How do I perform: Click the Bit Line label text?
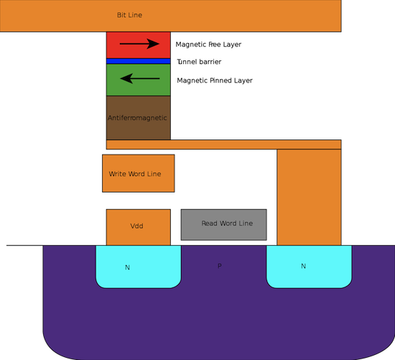pyautogui.click(x=129, y=15)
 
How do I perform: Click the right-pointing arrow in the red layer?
pyautogui.click(x=139, y=44)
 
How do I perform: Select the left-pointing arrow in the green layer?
pyautogui.click(x=140, y=78)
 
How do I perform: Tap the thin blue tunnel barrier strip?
pyautogui.click(x=139, y=61)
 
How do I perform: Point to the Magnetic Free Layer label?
pyautogui.click(x=208, y=45)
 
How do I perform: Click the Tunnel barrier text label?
pyautogui.click(x=199, y=62)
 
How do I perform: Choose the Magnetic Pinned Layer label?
pyautogui.click(x=215, y=80)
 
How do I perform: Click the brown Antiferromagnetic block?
pyautogui.click(x=139, y=118)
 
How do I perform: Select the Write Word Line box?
pyautogui.click(x=139, y=173)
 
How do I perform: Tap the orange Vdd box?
pyautogui.click(x=139, y=227)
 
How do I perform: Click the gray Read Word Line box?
pyautogui.click(x=223, y=225)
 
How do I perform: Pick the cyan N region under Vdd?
pyautogui.click(x=139, y=267)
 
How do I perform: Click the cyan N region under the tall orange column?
pyautogui.click(x=309, y=267)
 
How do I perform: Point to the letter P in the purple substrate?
pyautogui.click(x=220, y=266)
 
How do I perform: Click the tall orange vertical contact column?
pyautogui.click(x=309, y=197)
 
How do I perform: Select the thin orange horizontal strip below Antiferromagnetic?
pyautogui.click(x=223, y=144)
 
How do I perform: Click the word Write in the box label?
pyautogui.click(x=118, y=174)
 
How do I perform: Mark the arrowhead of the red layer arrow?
pyautogui.click(x=153, y=44)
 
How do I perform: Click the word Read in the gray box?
pyautogui.click(x=210, y=223)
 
